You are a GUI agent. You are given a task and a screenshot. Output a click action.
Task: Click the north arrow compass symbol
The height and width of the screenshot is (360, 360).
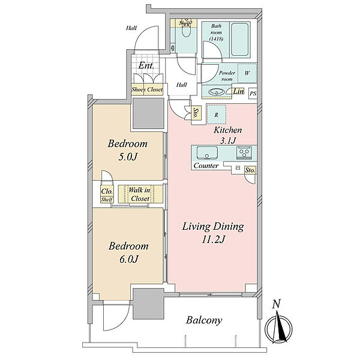(278, 326)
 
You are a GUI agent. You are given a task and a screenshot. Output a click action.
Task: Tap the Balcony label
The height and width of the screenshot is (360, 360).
(204, 320)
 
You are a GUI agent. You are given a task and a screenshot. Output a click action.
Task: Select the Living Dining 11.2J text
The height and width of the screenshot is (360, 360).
(213, 233)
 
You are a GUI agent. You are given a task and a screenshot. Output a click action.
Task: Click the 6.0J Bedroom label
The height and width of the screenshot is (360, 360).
(128, 253)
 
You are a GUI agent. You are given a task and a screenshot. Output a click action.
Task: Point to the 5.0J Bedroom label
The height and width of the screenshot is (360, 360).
(128, 150)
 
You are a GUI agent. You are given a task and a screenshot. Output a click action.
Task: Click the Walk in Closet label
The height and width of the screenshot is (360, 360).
(140, 194)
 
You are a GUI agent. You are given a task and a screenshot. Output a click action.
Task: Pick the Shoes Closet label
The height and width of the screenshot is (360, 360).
(147, 89)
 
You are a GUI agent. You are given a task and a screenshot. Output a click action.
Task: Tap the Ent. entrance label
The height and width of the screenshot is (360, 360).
(146, 65)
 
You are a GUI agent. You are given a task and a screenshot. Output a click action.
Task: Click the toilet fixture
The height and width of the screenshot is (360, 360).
(186, 31)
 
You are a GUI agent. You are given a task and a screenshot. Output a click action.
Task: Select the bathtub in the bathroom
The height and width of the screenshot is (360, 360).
(239, 39)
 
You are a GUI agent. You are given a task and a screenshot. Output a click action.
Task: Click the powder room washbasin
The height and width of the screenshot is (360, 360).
(216, 92)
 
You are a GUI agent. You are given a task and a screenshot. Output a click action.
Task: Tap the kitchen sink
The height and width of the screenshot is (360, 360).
(207, 152)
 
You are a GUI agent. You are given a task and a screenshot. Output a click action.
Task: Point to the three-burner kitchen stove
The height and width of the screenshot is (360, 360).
(244, 152)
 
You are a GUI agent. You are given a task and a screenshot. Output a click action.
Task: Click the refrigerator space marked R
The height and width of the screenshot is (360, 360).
(216, 115)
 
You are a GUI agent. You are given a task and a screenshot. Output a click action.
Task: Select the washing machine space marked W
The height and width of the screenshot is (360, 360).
(247, 73)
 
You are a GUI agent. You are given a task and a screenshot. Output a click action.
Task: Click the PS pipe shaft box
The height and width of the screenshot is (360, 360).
(253, 94)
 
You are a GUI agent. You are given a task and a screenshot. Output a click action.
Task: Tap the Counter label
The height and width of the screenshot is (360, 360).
(206, 166)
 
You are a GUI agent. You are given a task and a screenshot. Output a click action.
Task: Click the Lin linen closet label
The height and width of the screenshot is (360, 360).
(238, 91)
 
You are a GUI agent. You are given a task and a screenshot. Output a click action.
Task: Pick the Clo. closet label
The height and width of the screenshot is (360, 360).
(107, 191)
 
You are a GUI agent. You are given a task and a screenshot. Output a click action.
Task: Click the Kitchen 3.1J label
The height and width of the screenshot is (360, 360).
(228, 135)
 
